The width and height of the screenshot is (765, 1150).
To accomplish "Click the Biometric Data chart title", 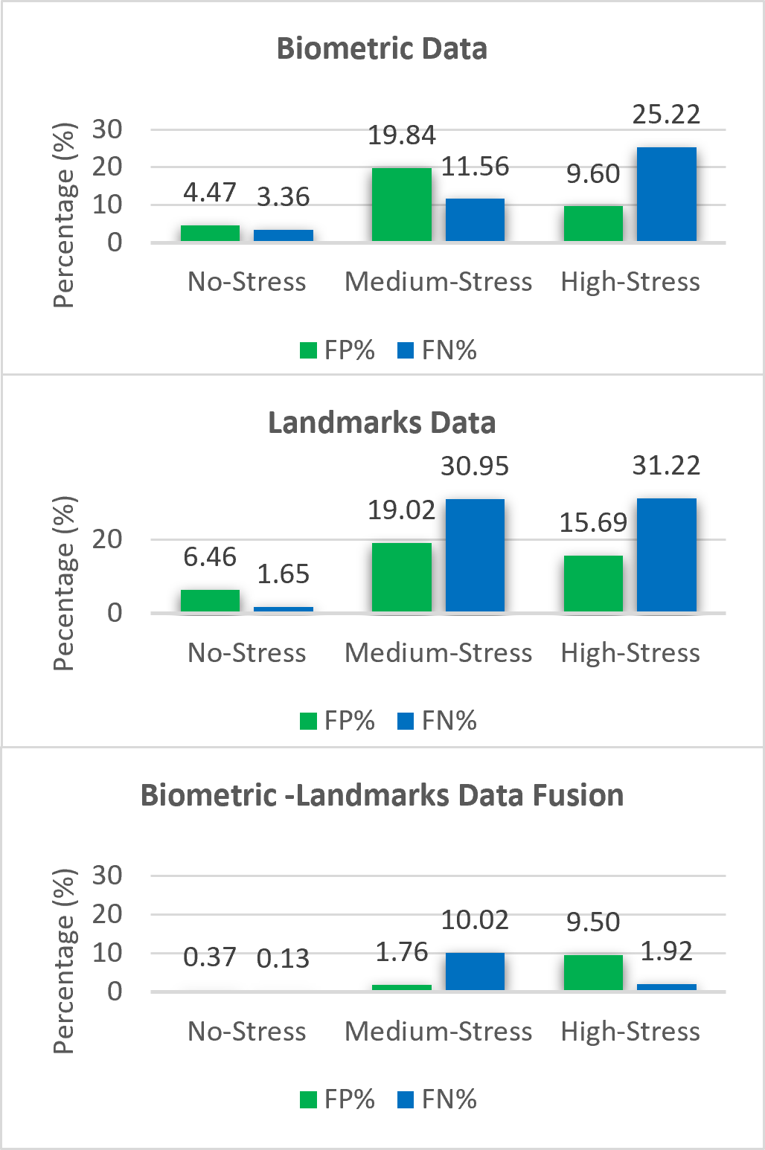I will coord(382,49).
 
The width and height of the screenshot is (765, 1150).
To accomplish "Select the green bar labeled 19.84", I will coord(401,205).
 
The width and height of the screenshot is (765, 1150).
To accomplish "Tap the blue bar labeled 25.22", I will coord(667,194).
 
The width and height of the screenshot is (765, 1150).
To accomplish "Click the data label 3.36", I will coord(283,197).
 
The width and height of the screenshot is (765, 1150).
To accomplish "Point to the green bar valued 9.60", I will coord(593,223).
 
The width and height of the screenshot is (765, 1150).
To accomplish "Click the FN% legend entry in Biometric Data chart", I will coord(438,350).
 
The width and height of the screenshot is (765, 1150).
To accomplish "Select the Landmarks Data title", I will coord(382,423).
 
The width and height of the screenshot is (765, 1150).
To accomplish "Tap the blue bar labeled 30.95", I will coord(475,556).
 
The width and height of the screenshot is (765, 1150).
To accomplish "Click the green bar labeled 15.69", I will coord(593,584).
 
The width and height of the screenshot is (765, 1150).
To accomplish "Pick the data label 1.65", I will coord(283,574).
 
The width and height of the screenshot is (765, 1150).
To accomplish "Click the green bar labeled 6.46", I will coord(210,601).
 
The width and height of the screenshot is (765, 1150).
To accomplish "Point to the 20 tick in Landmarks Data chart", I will coord(107,539).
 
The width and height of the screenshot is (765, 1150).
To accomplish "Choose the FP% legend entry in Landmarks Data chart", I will coord(338,721).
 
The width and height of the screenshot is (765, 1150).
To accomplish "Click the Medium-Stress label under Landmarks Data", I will coord(438,653).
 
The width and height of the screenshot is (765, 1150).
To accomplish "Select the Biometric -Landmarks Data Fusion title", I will coord(382,796).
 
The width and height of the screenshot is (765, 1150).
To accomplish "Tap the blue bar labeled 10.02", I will coord(475,971).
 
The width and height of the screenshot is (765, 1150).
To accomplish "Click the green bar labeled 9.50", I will coord(593,972).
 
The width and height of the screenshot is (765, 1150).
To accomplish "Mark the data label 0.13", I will coord(283,959).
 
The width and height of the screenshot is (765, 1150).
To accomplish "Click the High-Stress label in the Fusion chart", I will coord(630,1032).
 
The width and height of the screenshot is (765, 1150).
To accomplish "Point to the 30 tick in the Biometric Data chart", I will coord(107,129).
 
